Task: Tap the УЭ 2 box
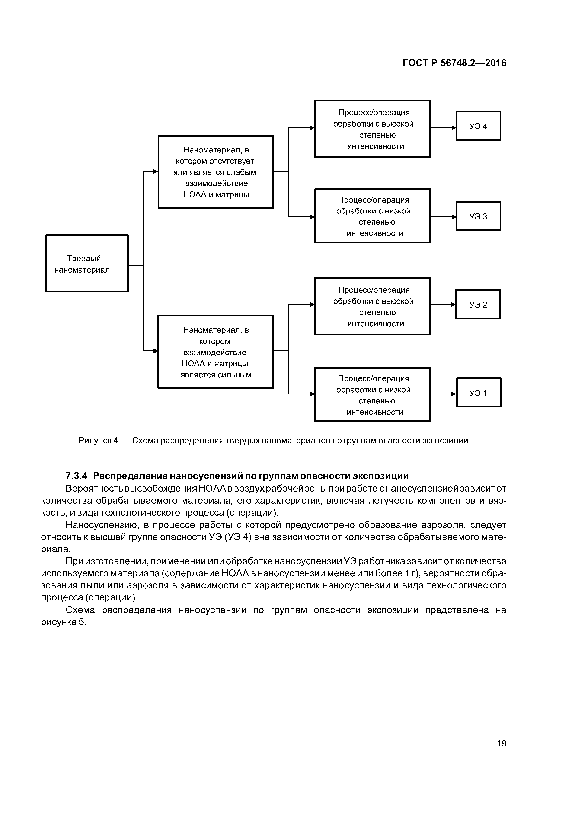(x=478, y=305)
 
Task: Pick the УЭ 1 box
(x=478, y=393)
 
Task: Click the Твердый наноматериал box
(x=87, y=264)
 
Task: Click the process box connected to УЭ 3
(x=372, y=216)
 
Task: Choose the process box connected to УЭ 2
(x=372, y=306)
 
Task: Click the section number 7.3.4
(x=77, y=476)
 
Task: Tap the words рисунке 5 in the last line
(x=64, y=622)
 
